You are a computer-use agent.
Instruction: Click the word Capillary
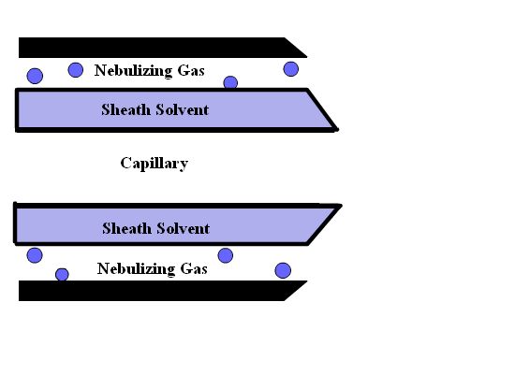click(x=154, y=164)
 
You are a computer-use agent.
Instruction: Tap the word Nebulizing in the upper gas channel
click(x=133, y=71)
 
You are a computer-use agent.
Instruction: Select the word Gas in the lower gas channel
click(x=194, y=269)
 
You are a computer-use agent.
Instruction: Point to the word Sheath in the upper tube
click(x=125, y=109)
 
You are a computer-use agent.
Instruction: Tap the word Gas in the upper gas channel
click(x=191, y=70)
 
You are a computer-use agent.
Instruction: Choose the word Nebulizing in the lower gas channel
click(x=136, y=269)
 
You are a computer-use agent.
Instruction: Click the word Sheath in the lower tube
click(x=126, y=228)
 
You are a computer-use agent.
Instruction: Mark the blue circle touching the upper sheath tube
click(x=230, y=82)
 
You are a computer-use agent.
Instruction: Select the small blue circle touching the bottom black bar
click(x=62, y=275)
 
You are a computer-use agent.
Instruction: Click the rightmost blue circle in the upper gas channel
click(x=291, y=69)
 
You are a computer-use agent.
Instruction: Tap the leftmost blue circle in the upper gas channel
click(x=35, y=76)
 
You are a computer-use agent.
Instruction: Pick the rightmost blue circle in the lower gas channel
click(x=283, y=270)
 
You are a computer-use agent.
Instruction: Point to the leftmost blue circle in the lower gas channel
click(x=35, y=255)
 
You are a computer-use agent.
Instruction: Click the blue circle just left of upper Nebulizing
click(x=76, y=70)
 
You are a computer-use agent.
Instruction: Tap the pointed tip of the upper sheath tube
click(x=337, y=130)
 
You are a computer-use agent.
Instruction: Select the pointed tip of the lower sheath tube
click(x=341, y=206)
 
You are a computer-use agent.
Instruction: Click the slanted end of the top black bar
click(x=296, y=48)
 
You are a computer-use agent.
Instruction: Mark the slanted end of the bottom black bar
click(x=296, y=291)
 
